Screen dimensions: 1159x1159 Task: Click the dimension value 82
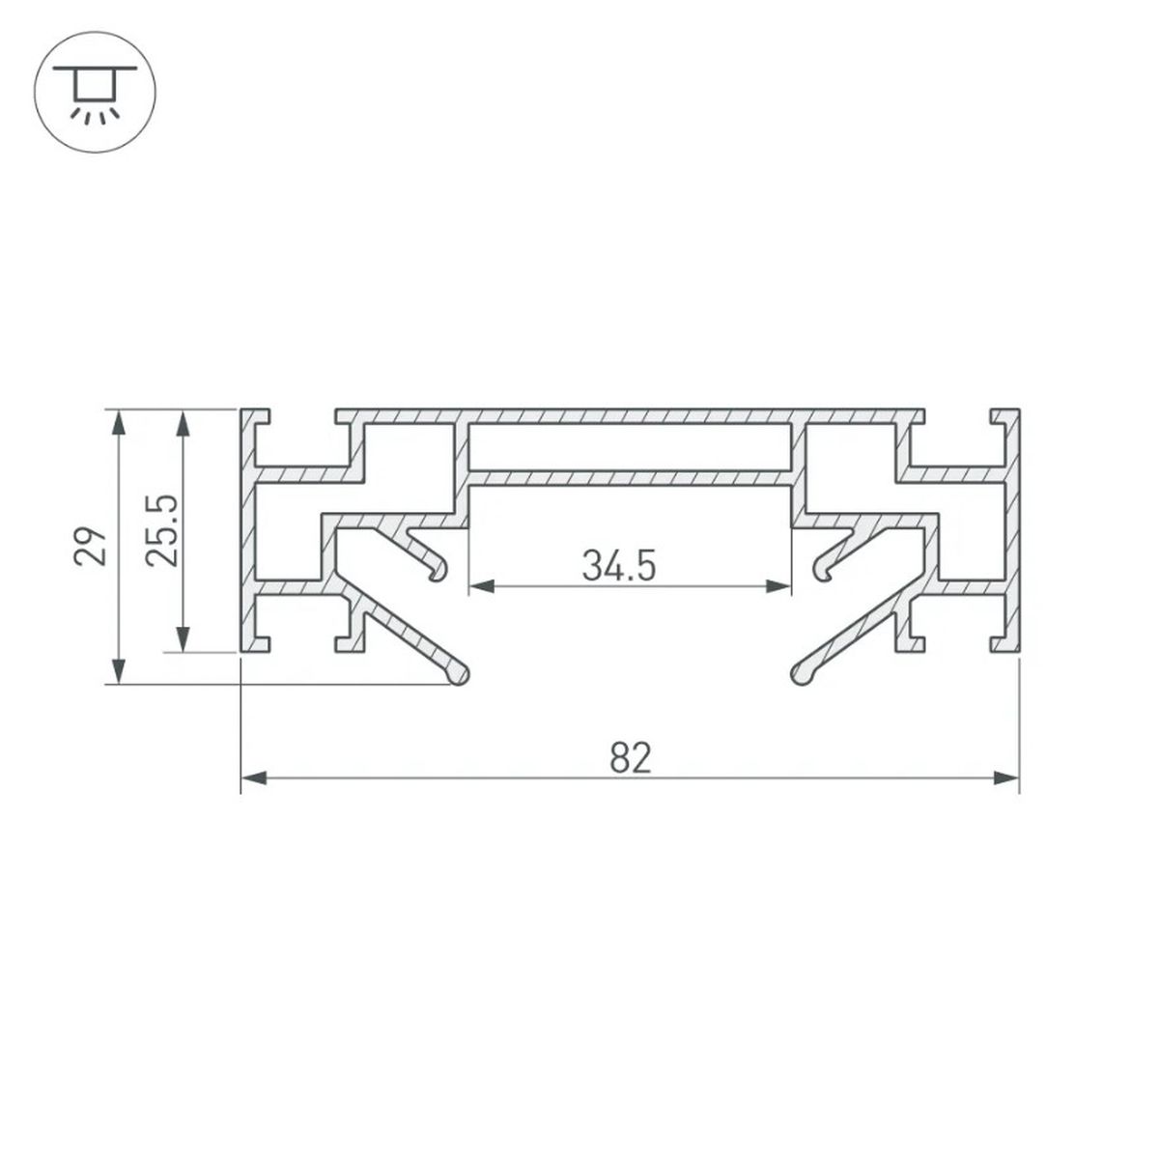tap(631, 759)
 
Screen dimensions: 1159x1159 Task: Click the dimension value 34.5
tap(619, 566)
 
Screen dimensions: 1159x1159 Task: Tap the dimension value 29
tap(90, 547)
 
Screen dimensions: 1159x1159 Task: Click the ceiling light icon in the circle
tap(93, 93)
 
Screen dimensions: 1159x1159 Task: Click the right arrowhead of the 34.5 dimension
tap(779, 585)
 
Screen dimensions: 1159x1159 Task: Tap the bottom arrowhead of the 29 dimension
tap(119, 672)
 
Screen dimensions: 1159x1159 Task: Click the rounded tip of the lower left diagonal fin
tap(460, 675)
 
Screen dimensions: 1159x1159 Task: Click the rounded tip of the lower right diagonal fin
tap(800, 675)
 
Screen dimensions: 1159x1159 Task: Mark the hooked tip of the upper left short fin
tap(439, 572)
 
